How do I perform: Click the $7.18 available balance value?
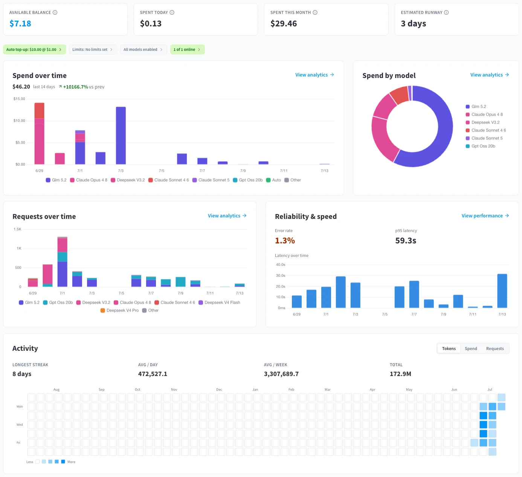click(x=20, y=23)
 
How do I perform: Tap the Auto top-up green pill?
click(x=34, y=49)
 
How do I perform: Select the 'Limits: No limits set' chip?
click(x=93, y=49)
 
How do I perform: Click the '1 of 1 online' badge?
click(x=187, y=49)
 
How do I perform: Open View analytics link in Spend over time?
click(x=314, y=75)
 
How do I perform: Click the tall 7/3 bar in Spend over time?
click(x=121, y=135)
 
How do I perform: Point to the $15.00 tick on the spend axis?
click(x=19, y=99)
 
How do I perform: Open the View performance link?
click(x=485, y=216)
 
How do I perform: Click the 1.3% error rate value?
click(x=285, y=240)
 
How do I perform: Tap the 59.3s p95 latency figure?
click(x=405, y=240)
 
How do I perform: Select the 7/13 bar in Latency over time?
click(x=502, y=290)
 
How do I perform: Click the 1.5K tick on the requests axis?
click(x=17, y=229)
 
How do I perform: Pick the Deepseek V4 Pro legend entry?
click(x=119, y=310)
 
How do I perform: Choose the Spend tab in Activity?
click(x=471, y=349)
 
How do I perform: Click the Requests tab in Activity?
click(x=495, y=349)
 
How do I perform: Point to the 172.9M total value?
click(x=400, y=374)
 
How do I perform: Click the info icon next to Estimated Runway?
click(x=446, y=12)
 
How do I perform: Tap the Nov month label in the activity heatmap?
click(x=174, y=389)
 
